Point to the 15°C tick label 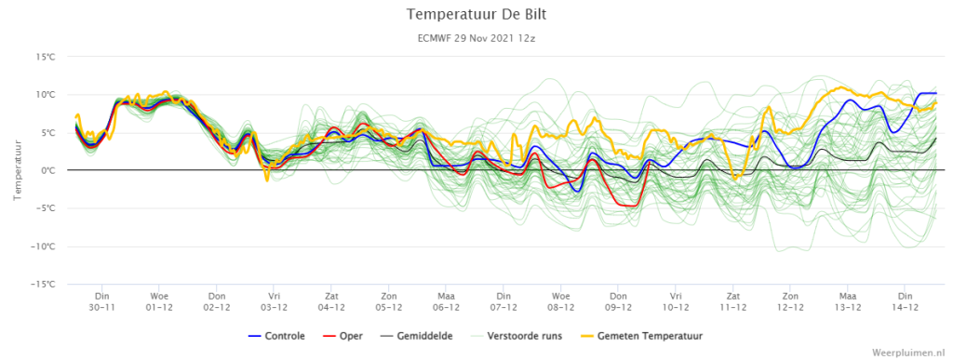pos(47,57)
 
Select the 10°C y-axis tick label pos(47,95)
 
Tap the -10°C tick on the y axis pos(46,247)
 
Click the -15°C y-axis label pos(46,284)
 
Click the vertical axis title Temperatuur pos(18,170)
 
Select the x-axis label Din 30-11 pos(101,301)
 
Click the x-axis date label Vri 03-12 pos(275,301)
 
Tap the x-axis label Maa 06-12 pos(446,301)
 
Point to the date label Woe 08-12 pos(561,301)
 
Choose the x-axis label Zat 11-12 pos(733,301)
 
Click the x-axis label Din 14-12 pos(905,301)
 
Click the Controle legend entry pos(277,336)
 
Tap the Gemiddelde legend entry pos(416,336)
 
